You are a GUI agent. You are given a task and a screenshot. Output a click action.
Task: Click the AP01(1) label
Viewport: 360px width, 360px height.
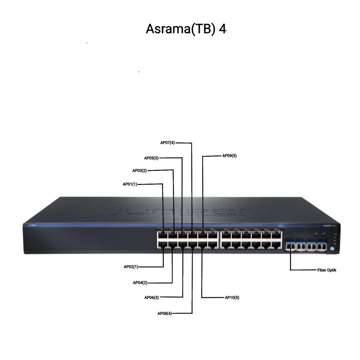click(x=130, y=184)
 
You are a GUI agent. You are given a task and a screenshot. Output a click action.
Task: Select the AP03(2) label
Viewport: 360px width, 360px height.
click(x=139, y=171)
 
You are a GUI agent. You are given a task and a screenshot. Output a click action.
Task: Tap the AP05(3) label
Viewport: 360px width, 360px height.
click(x=152, y=158)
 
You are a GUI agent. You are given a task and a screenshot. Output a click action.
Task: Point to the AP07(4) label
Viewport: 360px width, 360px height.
click(x=167, y=143)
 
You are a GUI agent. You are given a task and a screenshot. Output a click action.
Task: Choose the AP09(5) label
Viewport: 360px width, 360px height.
click(x=230, y=155)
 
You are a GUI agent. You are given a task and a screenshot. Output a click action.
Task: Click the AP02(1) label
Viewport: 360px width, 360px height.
click(x=131, y=266)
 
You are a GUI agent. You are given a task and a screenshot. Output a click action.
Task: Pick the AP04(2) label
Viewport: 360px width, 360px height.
click(x=140, y=282)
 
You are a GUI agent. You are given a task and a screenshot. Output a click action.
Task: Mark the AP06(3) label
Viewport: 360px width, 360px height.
click(x=152, y=297)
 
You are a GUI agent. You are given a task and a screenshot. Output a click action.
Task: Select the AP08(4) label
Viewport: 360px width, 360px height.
click(x=165, y=313)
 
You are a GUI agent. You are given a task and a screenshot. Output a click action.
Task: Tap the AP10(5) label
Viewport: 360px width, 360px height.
click(x=232, y=297)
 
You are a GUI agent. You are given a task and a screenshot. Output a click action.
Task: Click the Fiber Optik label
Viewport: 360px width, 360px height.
click(x=327, y=270)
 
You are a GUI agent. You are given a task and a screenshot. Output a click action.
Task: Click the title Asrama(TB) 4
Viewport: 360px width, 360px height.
click(x=186, y=29)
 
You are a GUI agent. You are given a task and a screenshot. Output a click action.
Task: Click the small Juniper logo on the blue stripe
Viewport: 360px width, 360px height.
click(x=28, y=224)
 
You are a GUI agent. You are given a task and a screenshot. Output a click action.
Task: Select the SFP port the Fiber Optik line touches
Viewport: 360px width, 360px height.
click(x=290, y=247)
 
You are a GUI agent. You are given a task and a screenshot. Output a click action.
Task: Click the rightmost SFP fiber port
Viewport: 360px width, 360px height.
click(x=321, y=247)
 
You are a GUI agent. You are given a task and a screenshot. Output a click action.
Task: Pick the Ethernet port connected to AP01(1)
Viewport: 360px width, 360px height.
click(x=163, y=235)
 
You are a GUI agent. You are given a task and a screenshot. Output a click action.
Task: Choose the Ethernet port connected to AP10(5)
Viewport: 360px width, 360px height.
click(x=202, y=245)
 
